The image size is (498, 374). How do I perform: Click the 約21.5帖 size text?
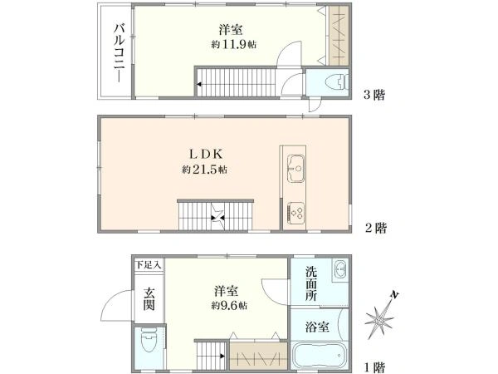[205, 170]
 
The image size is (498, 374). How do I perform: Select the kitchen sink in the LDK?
[295, 166]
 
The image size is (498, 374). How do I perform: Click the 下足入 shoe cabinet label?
[149, 264]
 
